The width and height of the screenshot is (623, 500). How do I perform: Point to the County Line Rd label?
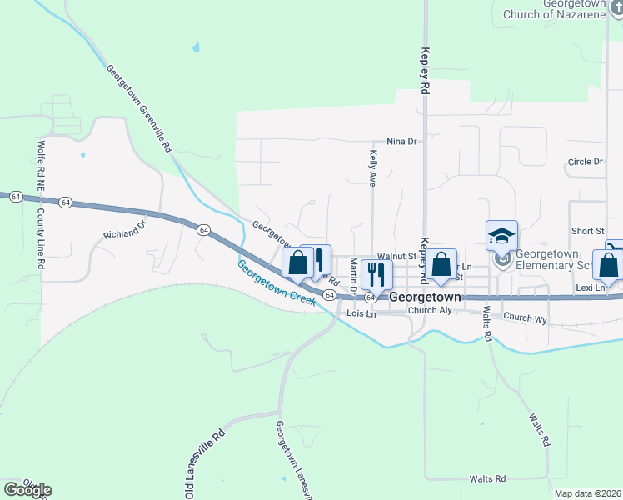click(x=40, y=237)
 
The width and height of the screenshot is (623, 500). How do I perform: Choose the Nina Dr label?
click(x=401, y=142)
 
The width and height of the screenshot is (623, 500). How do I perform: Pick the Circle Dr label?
click(x=585, y=162)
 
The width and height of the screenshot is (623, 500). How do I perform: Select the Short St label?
click(x=587, y=231)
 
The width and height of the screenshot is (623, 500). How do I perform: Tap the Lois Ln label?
click(x=361, y=313)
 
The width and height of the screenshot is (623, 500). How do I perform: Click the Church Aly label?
click(x=429, y=311)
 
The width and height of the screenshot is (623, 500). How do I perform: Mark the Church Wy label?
click(x=525, y=317)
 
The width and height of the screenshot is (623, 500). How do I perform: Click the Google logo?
click(x=27, y=490)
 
